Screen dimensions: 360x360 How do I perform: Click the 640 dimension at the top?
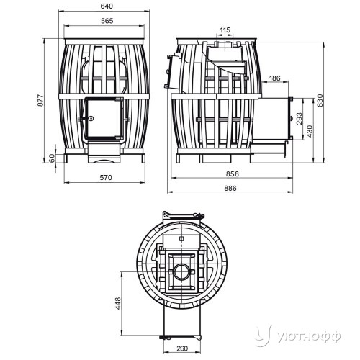[107, 6]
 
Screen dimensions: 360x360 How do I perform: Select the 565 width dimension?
[107, 21]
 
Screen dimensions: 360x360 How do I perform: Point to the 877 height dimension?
[41, 100]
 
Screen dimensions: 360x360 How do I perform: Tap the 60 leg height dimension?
[52, 158]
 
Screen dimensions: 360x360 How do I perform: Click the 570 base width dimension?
[106, 178]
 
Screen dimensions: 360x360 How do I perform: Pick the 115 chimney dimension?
[225, 30]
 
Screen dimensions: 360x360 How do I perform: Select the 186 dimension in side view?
[274, 78]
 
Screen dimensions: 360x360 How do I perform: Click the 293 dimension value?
[300, 118]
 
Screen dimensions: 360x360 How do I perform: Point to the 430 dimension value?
[310, 131]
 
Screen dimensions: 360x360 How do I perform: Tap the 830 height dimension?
[320, 100]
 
